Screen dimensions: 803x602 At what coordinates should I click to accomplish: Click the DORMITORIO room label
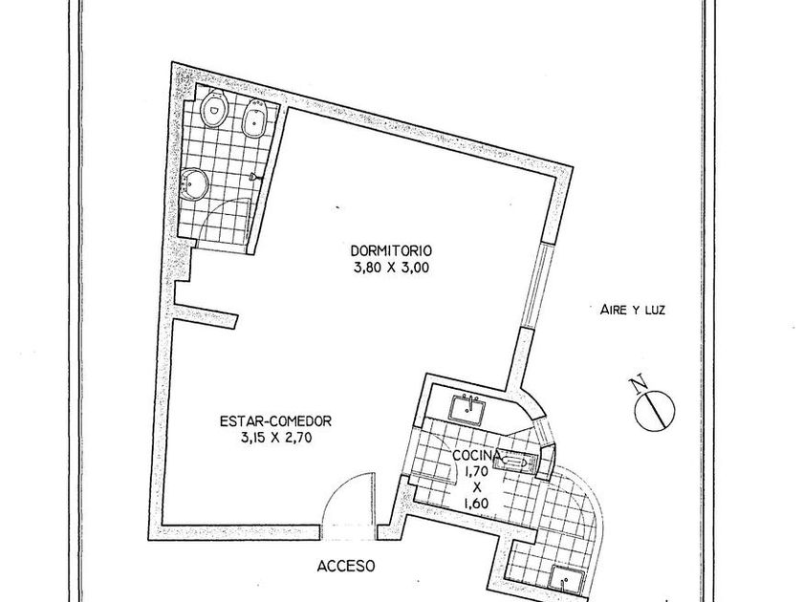[391, 250]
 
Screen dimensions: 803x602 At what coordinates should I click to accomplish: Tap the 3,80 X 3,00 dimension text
[391, 268]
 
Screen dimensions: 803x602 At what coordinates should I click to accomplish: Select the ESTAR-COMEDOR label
[275, 420]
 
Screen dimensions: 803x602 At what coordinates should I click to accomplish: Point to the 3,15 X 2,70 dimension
[275, 438]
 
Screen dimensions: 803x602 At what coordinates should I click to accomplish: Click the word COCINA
[477, 455]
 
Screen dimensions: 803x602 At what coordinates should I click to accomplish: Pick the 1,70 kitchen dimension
[476, 470]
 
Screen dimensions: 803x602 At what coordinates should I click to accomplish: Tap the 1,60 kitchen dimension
[476, 504]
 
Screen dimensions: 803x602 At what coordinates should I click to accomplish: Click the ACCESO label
[346, 566]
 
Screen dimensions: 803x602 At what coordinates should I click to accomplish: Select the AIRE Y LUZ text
[633, 310]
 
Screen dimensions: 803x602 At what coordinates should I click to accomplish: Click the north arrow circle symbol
[655, 409]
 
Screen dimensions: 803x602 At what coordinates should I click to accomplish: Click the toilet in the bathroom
[214, 108]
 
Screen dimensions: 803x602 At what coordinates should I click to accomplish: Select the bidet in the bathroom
[254, 118]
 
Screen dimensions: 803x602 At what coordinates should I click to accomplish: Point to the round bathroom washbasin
[194, 183]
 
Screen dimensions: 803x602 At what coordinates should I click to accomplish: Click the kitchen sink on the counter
[467, 409]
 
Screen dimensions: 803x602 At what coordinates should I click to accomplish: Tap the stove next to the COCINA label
[515, 462]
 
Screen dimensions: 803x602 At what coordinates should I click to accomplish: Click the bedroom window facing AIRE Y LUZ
[537, 286]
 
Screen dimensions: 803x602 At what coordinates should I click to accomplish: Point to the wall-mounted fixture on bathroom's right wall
[255, 177]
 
